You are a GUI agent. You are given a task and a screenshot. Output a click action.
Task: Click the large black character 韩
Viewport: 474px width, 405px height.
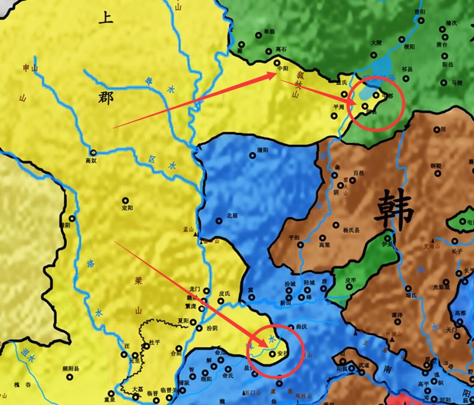tap(394, 210)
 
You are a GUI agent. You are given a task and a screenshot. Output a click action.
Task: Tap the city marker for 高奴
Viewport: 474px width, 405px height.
tap(93, 152)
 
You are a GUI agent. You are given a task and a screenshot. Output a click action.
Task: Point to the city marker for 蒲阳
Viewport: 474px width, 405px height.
tap(253, 156)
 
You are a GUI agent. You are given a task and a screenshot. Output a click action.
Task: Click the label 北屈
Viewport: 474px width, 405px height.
tap(232, 216)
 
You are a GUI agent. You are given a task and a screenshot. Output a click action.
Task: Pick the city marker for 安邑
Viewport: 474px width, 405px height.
tap(272, 354)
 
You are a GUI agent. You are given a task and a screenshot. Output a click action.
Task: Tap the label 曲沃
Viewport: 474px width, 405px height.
tap(302, 327)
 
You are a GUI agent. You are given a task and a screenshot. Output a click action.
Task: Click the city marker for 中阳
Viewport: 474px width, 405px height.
tap(277, 62)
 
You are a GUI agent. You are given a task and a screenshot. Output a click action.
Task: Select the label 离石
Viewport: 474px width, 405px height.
tap(281, 49)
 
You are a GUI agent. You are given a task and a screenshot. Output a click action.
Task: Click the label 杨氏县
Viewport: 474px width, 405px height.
tap(351, 230)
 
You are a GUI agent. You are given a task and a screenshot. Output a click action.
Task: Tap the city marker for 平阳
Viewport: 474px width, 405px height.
tap(300, 245)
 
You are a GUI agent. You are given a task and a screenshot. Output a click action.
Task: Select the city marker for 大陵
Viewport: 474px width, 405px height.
tap(374, 55)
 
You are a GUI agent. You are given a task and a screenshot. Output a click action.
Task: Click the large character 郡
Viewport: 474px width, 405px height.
tap(105, 98)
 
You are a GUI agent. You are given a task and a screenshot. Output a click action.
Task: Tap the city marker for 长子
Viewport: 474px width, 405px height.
tap(455, 241)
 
